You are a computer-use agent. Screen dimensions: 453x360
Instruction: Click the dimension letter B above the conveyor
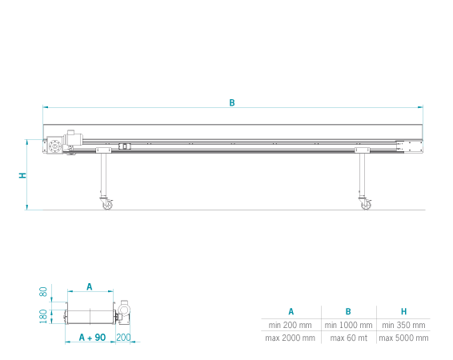232,102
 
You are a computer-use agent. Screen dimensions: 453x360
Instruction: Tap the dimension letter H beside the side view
22,175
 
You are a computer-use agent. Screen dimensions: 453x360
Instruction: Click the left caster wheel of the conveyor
107,204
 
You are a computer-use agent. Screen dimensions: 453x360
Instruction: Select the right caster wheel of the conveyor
366,205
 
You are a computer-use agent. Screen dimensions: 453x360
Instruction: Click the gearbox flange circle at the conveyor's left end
54,146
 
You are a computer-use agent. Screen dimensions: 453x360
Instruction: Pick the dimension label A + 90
93,337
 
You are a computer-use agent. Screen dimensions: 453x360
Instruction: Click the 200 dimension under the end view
123,337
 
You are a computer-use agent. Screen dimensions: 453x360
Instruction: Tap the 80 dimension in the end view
43,291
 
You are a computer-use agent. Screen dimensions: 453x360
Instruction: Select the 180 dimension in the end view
43,317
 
